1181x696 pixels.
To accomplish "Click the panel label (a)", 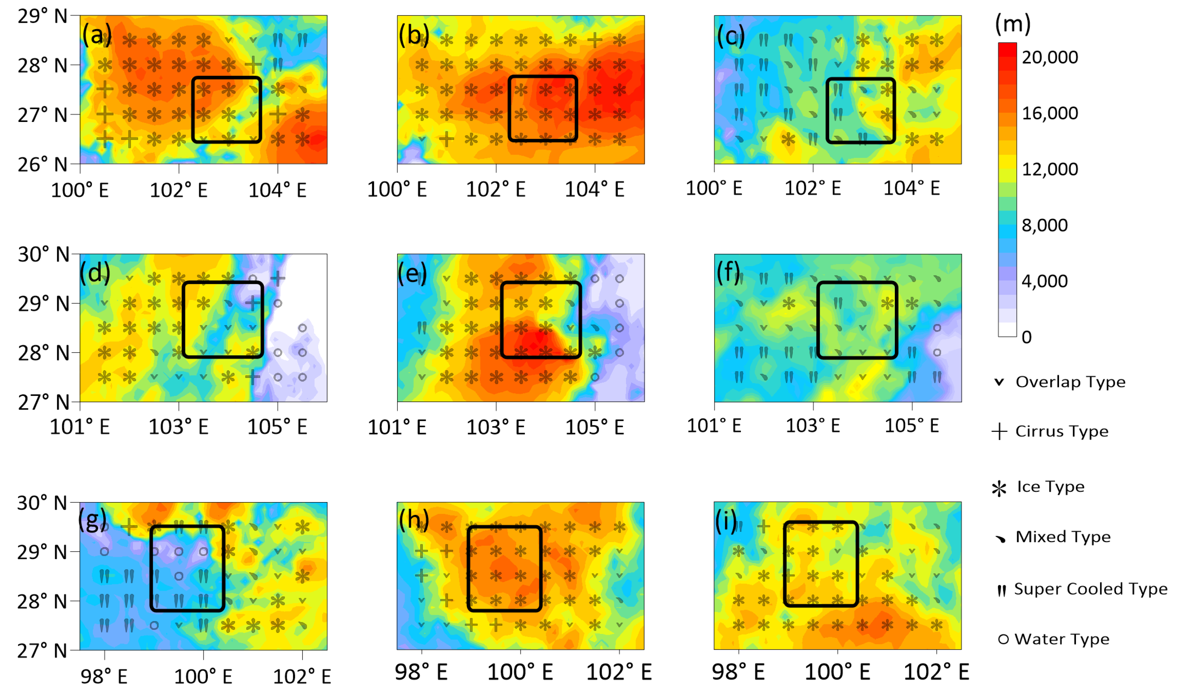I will click(x=97, y=35).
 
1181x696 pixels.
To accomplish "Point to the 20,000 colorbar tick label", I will click(x=1049, y=57).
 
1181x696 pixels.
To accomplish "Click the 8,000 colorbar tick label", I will click(x=1044, y=225).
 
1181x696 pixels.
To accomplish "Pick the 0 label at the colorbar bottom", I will click(x=1026, y=337).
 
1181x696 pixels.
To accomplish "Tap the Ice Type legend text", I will click(x=1050, y=486).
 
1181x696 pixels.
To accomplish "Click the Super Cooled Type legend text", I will click(x=1091, y=589).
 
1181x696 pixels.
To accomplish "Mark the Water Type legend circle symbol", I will click(x=1003, y=639).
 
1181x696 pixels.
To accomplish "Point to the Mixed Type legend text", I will click(x=1063, y=537).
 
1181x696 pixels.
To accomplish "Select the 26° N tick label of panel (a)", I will click(x=43, y=165).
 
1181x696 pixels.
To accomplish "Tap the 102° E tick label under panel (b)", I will click(x=496, y=190).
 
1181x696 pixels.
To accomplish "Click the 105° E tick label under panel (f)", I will click(x=911, y=426).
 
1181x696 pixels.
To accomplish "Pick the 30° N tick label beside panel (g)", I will click(x=42, y=503).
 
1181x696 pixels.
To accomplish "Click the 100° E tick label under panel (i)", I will click(x=837, y=672).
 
